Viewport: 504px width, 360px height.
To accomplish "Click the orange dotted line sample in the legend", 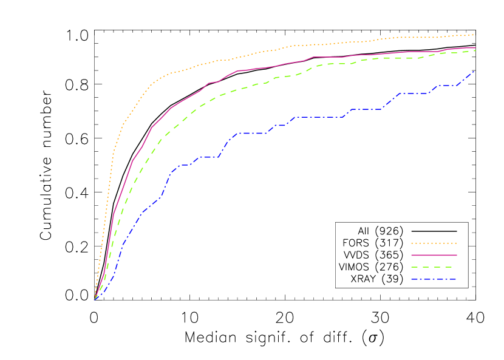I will tap(434, 243).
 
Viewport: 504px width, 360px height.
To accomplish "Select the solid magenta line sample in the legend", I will tap(434, 256).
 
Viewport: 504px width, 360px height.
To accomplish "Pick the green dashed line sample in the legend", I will tap(434, 267).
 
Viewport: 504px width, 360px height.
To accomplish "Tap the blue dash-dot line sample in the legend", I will tap(434, 280).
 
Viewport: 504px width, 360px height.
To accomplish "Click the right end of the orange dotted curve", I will tap(474, 35).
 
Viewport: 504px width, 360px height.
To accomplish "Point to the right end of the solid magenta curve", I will tap(475, 47).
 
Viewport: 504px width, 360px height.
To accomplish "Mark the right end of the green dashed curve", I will tap(475, 50).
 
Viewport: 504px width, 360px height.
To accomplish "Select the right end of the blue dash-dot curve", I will tap(474, 72).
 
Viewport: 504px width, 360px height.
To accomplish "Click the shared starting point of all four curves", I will tap(95, 299).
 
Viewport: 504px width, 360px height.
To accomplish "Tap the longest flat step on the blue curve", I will tap(319, 117).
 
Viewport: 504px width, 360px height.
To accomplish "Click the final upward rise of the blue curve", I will tap(466, 78).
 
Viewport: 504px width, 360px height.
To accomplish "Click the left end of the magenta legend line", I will tap(412, 256).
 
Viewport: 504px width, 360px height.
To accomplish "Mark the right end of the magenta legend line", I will tap(456, 256).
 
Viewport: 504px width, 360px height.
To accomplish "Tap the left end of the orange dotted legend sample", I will tap(412, 243).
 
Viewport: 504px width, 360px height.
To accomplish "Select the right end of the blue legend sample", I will tap(455, 280).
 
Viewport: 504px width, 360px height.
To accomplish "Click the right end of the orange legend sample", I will tap(455, 243).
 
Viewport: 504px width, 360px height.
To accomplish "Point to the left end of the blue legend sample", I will tap(412, 280).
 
